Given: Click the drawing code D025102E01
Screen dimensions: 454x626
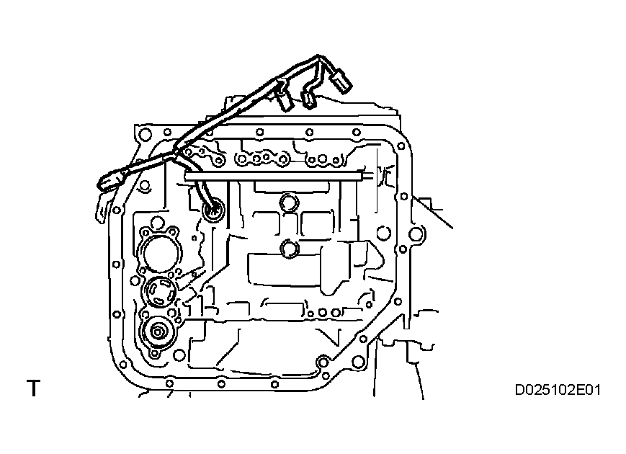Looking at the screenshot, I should coord(558,391).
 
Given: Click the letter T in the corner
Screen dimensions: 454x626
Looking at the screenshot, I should coord(33,389).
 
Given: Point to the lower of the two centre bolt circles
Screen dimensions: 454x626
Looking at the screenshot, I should coord(290,249).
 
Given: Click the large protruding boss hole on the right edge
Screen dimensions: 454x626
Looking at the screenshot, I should coord(416,233).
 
